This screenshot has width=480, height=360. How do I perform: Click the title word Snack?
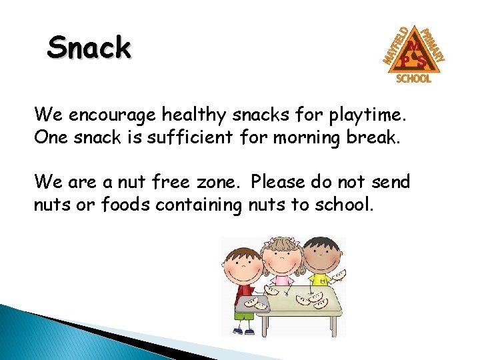(89, 48)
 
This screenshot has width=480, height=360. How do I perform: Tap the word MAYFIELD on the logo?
(396, 45)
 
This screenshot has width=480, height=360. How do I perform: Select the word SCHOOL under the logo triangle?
(414, 79)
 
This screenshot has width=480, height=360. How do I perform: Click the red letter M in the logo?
(413, 45)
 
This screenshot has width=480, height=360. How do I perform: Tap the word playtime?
(374, 115)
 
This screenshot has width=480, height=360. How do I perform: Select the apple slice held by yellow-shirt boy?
(339, 275)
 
